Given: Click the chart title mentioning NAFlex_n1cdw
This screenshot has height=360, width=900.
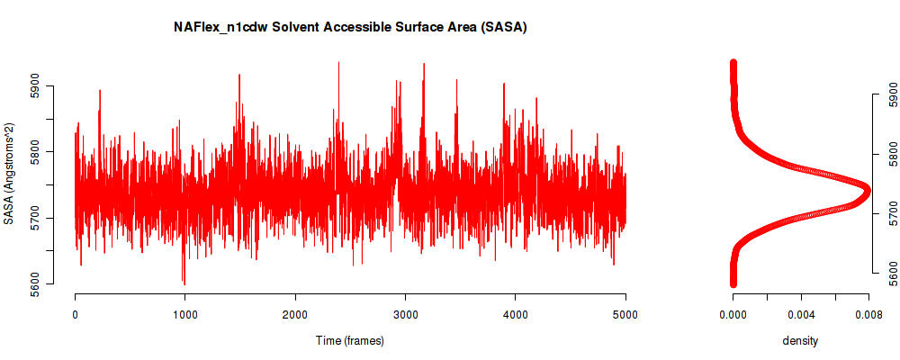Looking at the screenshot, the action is click(x=350, y=27).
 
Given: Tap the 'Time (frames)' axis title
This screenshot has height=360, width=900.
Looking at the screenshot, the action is click(x=350, y=340).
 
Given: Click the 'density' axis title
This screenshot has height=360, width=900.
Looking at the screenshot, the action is click(x=800, y=340).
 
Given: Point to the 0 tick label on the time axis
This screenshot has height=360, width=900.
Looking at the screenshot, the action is click(x=76, y=314).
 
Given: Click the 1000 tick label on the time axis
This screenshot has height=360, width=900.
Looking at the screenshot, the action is click(x=185, y=314).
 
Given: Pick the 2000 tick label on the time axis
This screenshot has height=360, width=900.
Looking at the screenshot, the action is click(x=295, y=314).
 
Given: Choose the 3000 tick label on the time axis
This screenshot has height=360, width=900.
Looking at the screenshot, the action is click(x=405, y=314).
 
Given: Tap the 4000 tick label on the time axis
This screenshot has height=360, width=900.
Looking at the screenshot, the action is click(x=516, y=314).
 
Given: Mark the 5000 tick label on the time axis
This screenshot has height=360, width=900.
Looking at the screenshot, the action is click(x=625, y=314).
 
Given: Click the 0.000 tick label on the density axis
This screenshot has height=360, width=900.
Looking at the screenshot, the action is click(x=733, y=314).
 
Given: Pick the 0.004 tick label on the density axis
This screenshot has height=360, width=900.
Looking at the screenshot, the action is click(x=801, y=314).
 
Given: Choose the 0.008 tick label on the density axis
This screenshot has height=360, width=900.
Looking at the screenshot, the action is click(x=869, y=314).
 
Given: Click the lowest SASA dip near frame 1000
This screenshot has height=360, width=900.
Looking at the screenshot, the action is click(x=184, y=283).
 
